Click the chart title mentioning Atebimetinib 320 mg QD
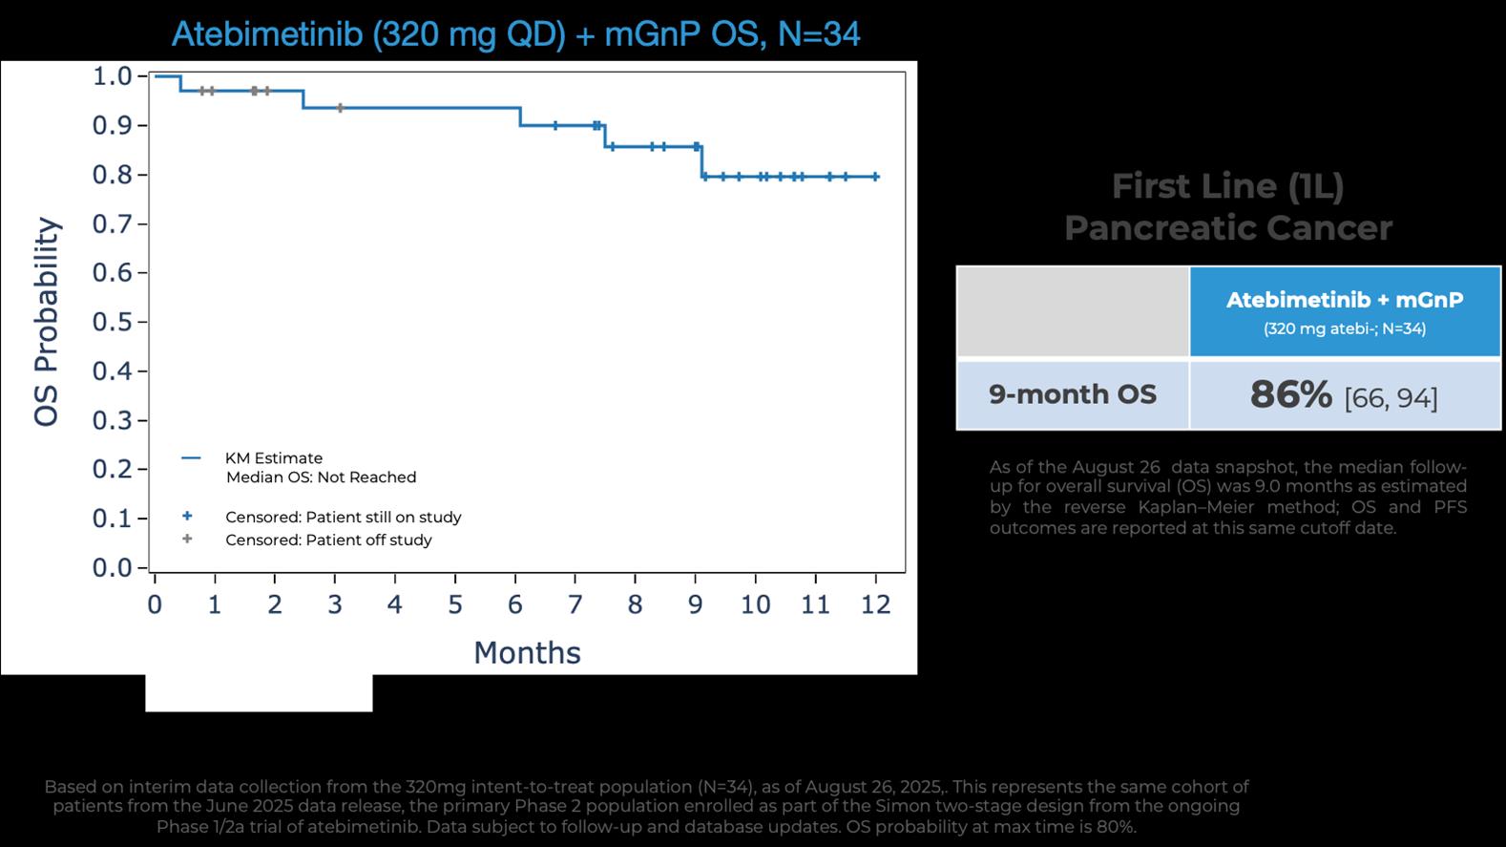click(x=515, y=34)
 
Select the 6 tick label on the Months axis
click(x=515, y=604)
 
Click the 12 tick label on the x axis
click(x=875, y=604)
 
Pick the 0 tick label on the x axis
click(x=155, y=604)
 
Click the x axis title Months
click(x=527, y=652)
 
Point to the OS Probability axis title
click(x=47, y=322)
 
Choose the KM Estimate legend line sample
click(x=191, y=458)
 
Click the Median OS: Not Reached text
click(x=321, y=477)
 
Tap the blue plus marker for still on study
click(x=187, y=517)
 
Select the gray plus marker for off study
click(x=187, y=540)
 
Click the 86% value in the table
click(x=1290, y=394)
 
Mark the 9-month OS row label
click(x=1072, y=394)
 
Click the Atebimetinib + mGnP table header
click(x=1344, y=301)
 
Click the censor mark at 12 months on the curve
click(x=875, y=177)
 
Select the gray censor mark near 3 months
click(x=340, y=108)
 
